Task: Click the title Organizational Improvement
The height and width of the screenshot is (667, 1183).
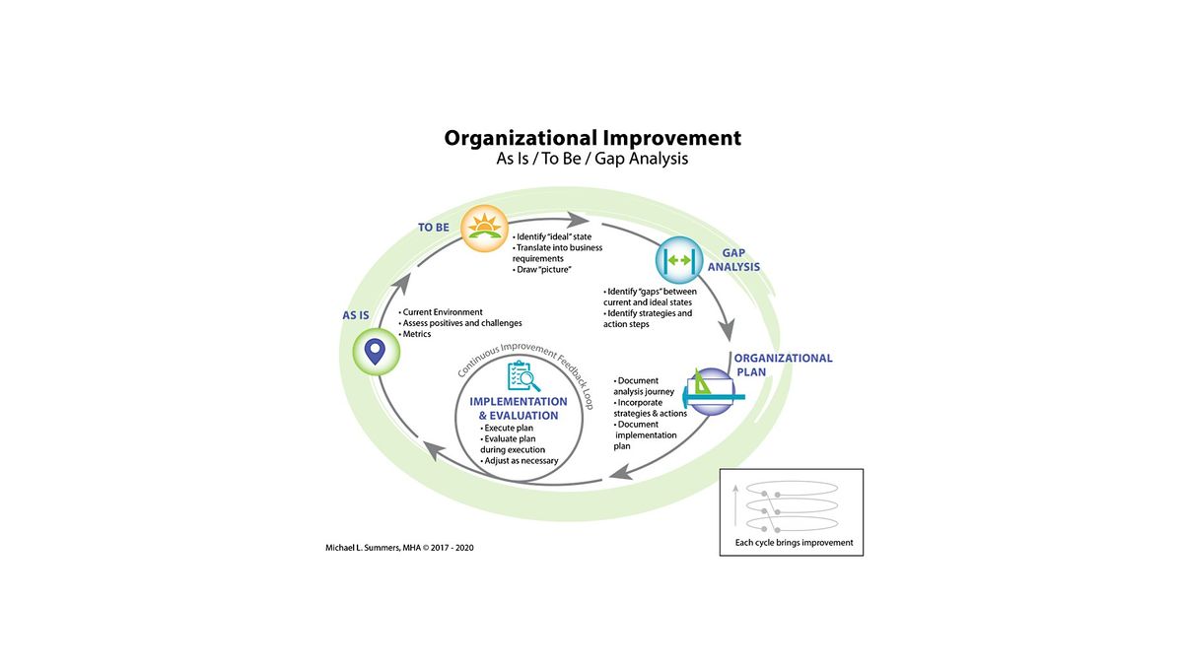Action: pos(591,138)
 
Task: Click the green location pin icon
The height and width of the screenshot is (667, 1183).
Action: pos(375,350)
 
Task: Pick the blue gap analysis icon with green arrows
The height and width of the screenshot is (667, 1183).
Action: pos(680,261)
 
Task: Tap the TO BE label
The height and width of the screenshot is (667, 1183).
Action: pos(434,228)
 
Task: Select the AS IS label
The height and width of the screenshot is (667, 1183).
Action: pos(356,315)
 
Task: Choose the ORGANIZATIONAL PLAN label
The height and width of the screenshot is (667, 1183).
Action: pos(785,366)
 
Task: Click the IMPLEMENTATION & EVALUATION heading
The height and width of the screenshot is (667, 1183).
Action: pos(519,409)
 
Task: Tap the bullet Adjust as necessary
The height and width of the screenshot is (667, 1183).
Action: pos(520,460)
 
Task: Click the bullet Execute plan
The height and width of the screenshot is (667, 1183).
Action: pos(509,429)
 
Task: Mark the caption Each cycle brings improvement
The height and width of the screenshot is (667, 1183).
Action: pos(795,543)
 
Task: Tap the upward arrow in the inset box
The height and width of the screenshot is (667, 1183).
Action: pos(736,507)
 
